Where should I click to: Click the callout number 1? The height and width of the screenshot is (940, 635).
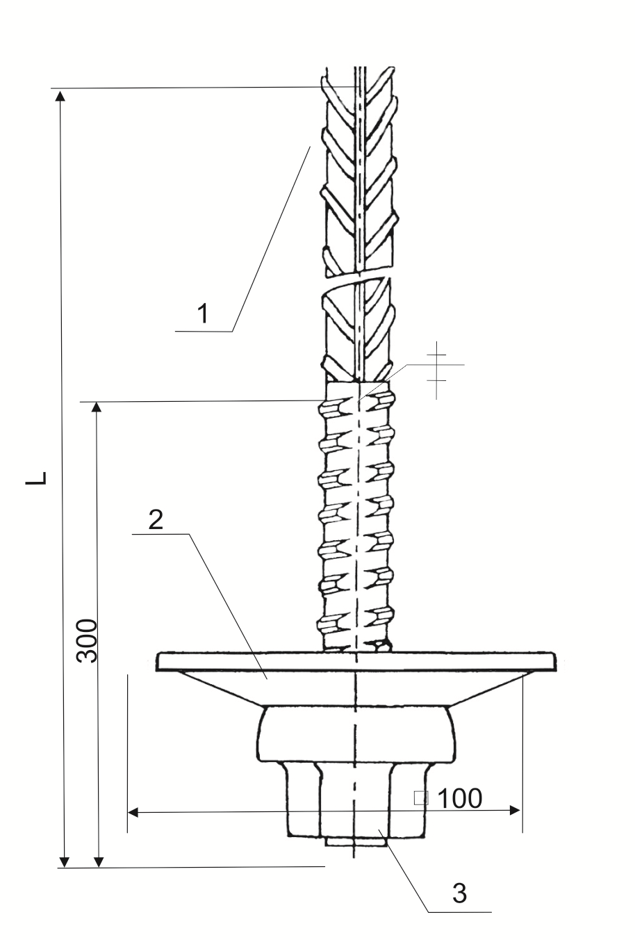tap(203, 314)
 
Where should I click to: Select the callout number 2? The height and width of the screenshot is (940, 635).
tap(156, 520)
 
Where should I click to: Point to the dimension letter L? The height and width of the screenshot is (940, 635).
tap(37, 478)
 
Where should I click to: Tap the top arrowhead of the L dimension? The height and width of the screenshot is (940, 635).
tap(61, 96)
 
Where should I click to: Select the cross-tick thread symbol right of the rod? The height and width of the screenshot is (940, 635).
tap(437, 370)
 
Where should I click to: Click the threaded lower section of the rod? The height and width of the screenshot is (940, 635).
tap(356, 516)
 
